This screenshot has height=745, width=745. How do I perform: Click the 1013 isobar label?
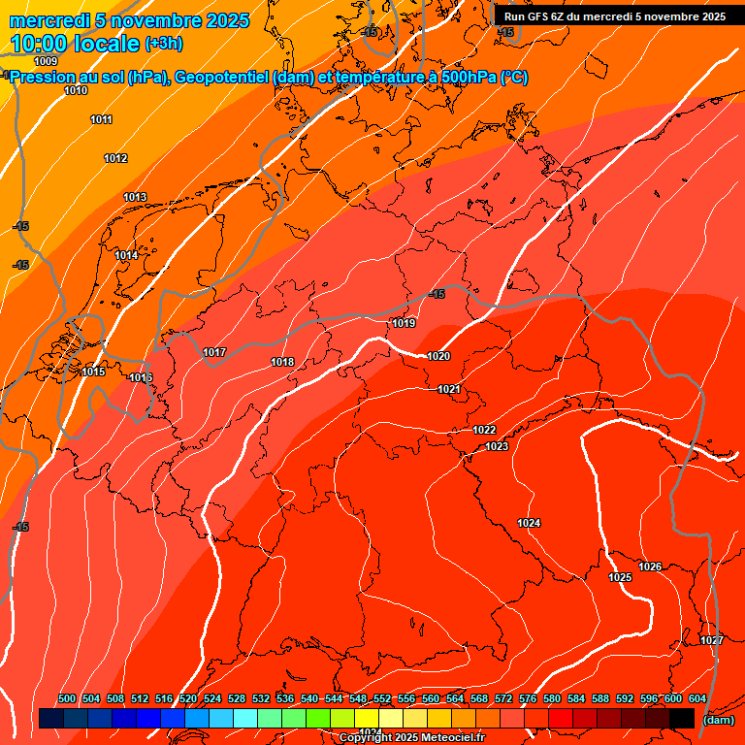tap(135, 198)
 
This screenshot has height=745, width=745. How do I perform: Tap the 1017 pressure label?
tap(214, 352)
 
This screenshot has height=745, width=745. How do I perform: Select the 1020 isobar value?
tap(438, 356)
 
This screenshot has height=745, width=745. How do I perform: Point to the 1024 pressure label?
tap(529, 523)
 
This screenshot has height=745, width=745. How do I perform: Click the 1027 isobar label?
tap(711, 640)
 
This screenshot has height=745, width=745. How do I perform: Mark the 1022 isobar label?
tap(484, 430)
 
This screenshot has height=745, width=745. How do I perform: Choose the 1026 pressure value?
tap(650, 567)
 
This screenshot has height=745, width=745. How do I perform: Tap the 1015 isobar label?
tap(93, 372)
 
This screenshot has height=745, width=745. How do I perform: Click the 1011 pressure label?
tap(101, 119)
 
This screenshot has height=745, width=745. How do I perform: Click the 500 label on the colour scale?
tap(67, 698)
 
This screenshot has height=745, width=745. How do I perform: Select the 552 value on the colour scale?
tap(382, 698)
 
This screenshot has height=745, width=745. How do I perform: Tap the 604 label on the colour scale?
tap(697, 698)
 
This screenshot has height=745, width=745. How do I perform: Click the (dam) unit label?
tap(718, 720)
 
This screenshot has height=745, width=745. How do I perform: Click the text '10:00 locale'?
tap(75, 44)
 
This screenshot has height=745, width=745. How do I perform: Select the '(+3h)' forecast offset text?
tap(163, 44)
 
